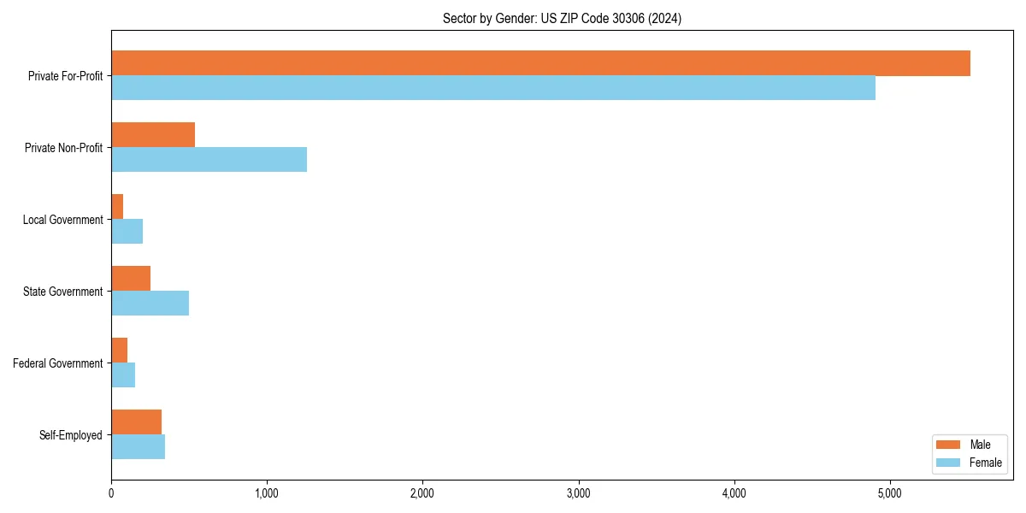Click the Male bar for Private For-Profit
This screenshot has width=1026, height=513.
click(x=540, y=63)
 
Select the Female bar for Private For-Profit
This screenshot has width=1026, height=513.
click(x=493, y=88)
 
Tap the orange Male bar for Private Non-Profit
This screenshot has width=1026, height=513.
click(x=153, y=135)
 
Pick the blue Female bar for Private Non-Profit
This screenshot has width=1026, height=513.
click(x=209, y=160)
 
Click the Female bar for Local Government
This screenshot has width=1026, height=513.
click(x=127, y=232)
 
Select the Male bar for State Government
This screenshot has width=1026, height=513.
click(x=131, y=279)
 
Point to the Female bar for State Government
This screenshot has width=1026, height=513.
click(x=150, y=304)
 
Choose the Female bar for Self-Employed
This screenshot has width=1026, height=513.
click(x=138, y=447)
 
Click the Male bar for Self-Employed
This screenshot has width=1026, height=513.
click(x=136, y=422)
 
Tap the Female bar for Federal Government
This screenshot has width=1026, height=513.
click(x=123, y=375)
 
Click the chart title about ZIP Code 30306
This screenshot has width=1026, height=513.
click(x=562, y=18)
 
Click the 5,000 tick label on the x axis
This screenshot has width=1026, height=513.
click(x=890, y=493)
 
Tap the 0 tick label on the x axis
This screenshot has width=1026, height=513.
click(x=111, y=493)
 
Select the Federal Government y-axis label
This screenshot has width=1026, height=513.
click(x=58, y=363)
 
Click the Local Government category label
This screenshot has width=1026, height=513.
click(x=62, y=220)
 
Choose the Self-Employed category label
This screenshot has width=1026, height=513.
click(x=70, y=435)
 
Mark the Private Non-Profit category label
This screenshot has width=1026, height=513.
click(x=63, y=148)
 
